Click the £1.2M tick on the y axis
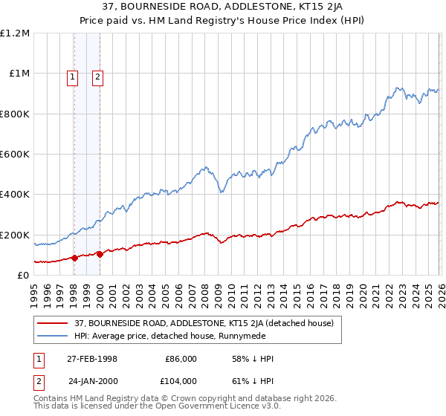15,33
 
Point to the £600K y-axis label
15,155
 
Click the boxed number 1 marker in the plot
73,76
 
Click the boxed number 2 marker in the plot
98,76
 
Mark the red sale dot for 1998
74,258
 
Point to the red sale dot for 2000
100,254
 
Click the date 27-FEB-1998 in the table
92,359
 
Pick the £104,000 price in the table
180,381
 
